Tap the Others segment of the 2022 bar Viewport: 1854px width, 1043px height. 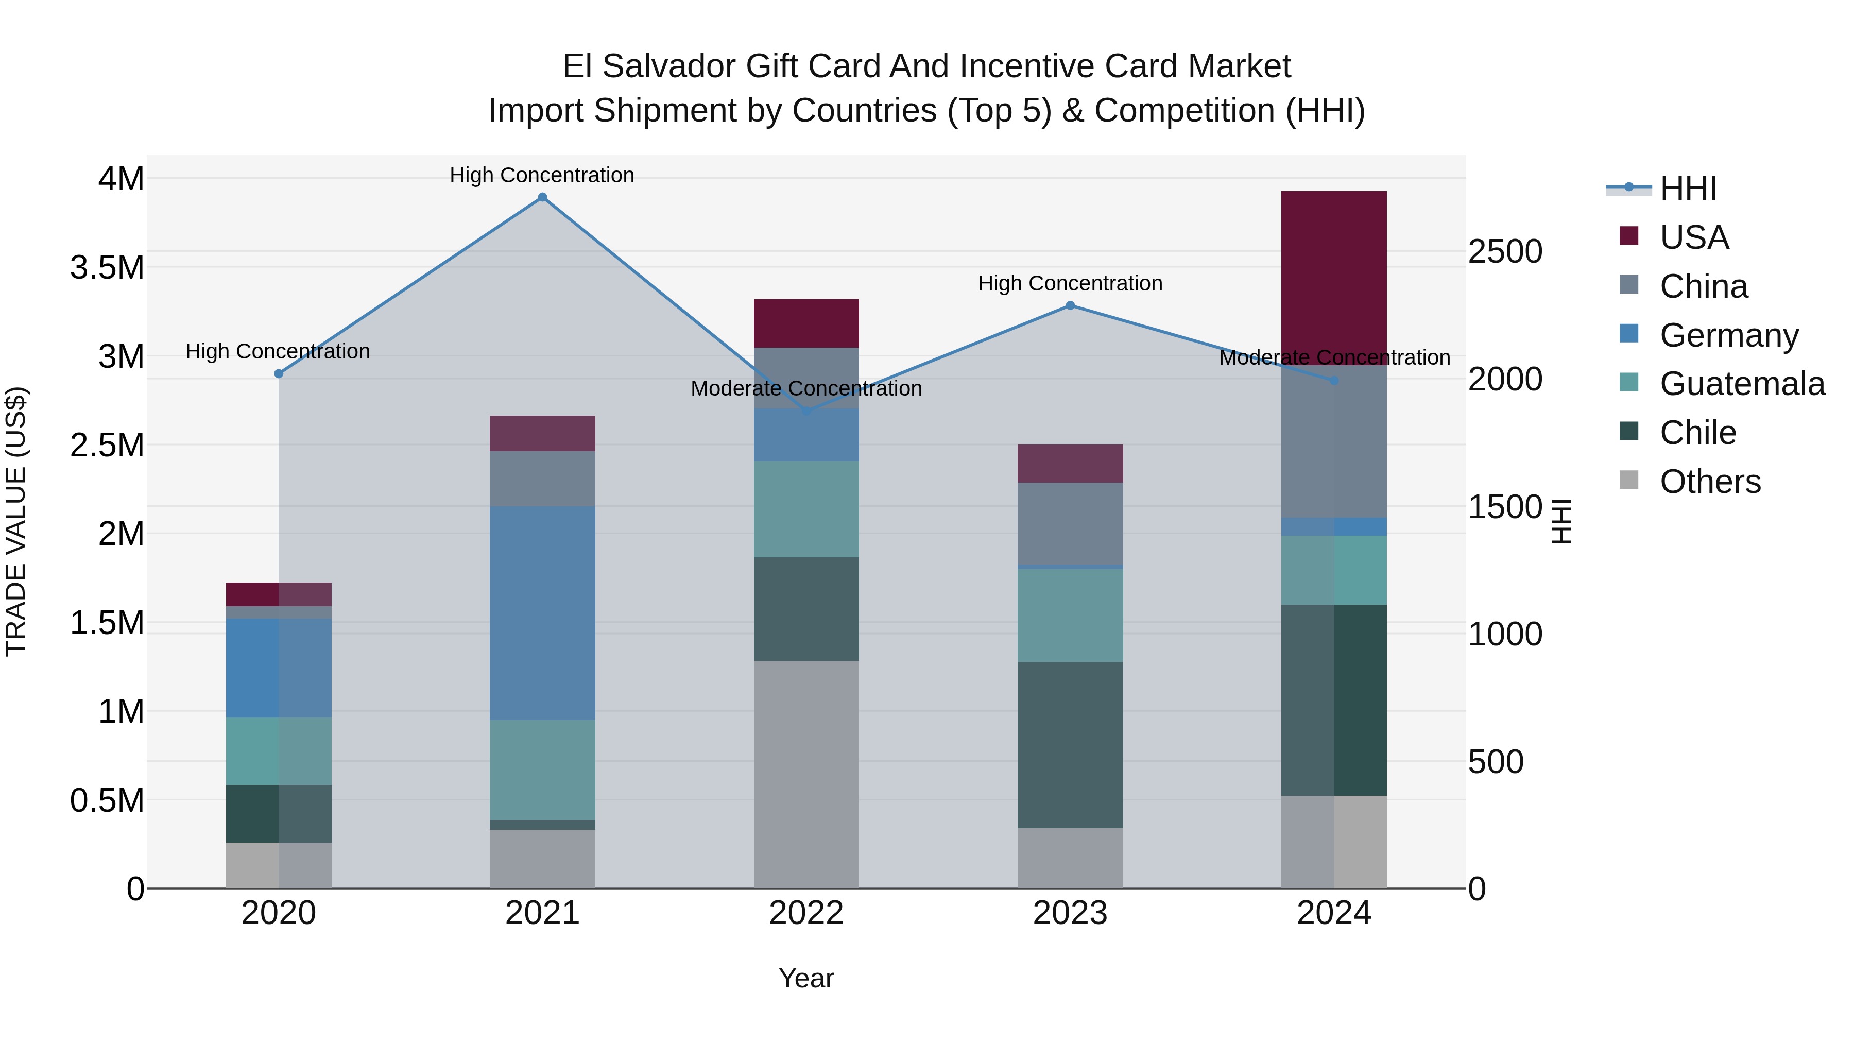coord(806,774)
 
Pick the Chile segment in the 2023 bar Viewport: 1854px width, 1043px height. coord(1070,744)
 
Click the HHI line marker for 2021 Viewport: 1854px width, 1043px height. coord(543,197)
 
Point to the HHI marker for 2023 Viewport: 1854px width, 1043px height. coord(1070,305)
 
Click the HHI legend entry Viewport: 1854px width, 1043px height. coord(1688,189)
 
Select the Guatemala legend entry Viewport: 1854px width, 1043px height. coord(1742,384)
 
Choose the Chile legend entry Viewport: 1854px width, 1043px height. coord(1697,433)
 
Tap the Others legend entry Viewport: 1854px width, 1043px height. coord(1709,482)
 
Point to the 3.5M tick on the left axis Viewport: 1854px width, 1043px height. coord(107,267)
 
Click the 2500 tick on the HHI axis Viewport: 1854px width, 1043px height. coord(1505,251)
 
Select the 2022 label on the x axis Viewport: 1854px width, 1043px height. coord(806,913)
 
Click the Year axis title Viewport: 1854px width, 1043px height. coord(806,978)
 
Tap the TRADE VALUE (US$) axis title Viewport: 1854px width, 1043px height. coord(16,521)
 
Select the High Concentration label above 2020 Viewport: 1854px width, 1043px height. coord(278,351)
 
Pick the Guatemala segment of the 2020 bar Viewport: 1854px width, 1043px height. coord(279,751)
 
